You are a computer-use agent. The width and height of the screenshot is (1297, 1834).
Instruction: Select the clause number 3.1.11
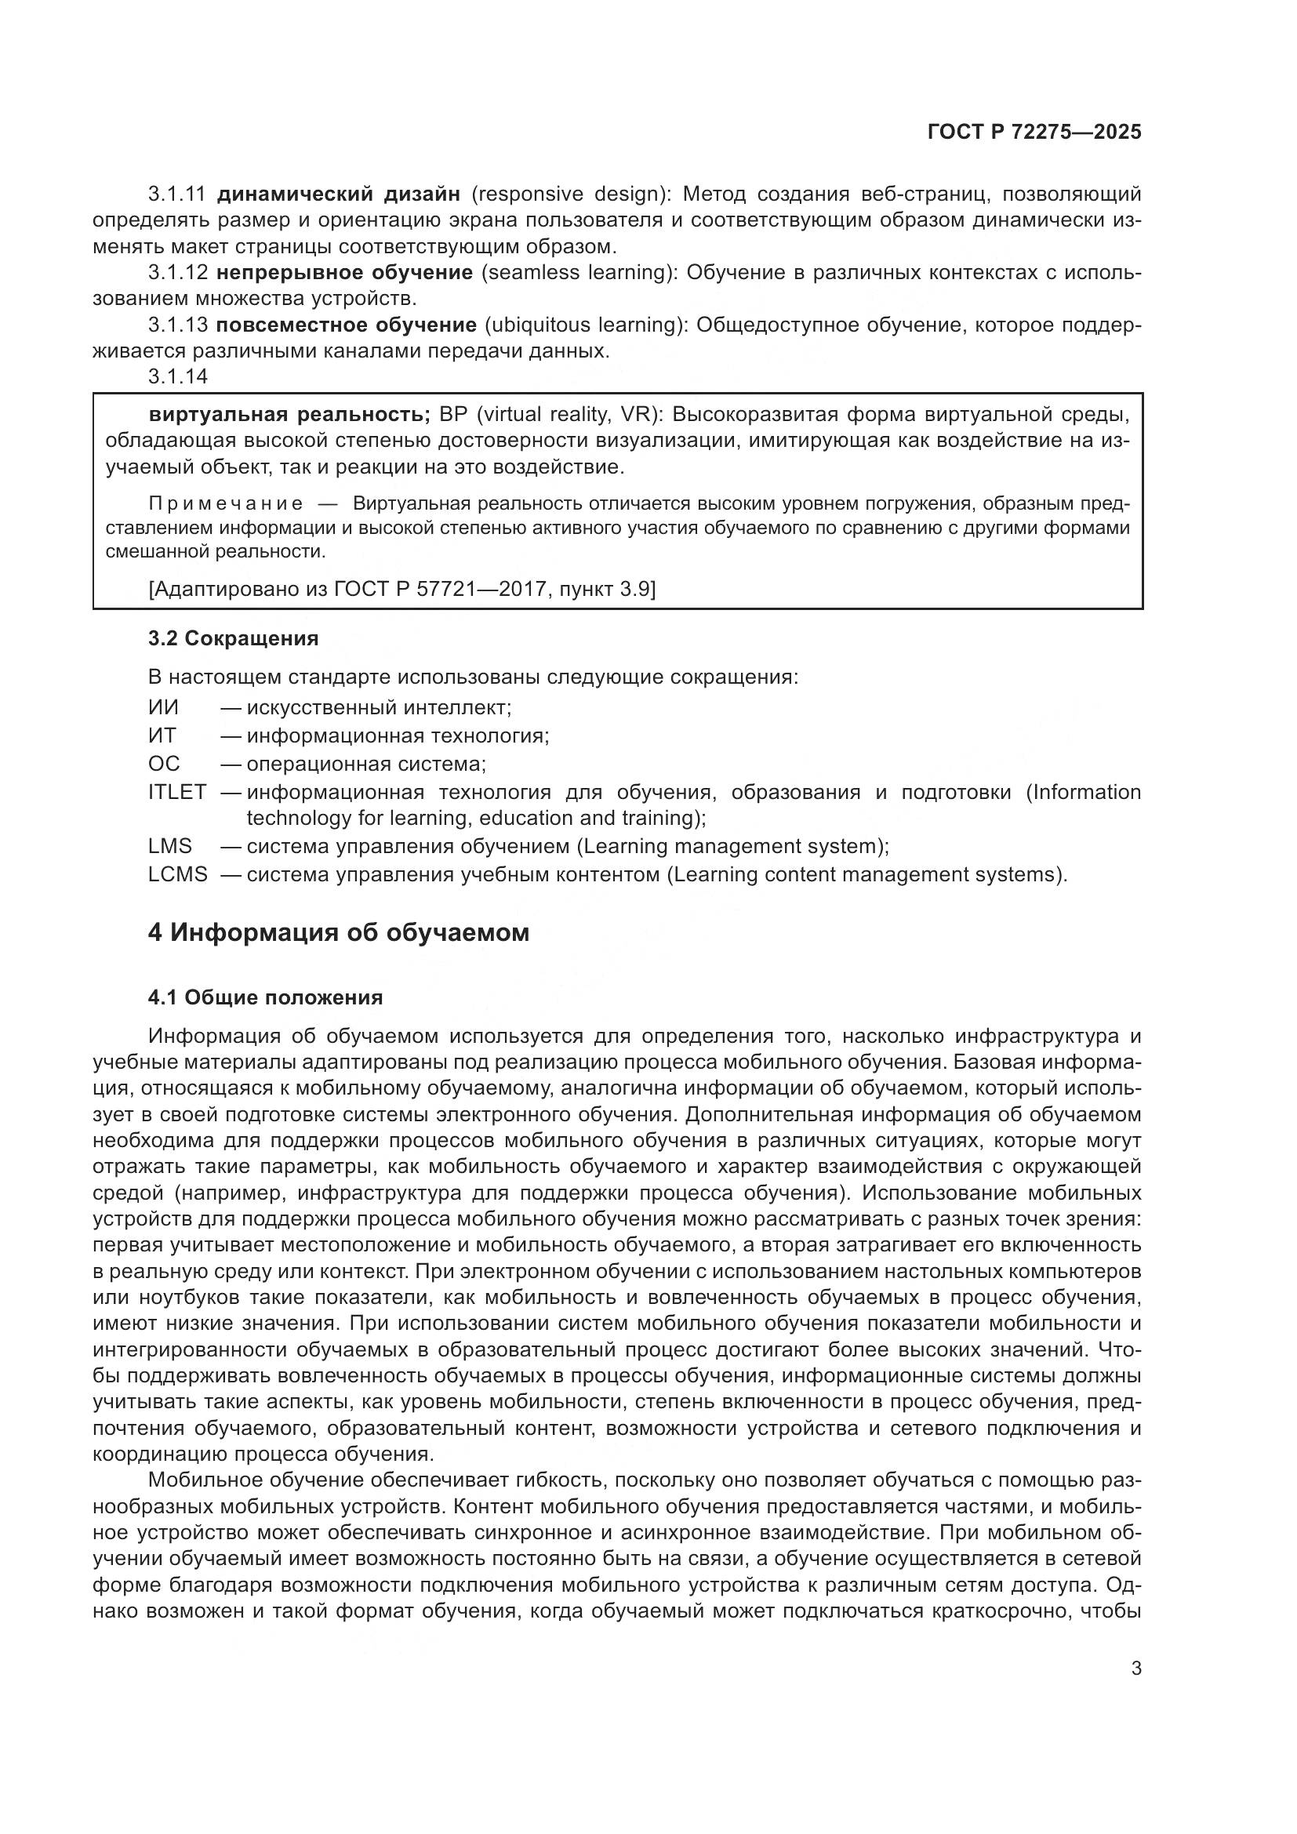[x=177, y=194]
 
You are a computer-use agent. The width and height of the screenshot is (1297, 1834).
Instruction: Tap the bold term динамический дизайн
[x=339, y=194]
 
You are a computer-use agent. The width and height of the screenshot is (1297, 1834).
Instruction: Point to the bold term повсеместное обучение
[x=346, y=325]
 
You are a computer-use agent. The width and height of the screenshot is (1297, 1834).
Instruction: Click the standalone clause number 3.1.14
[x=177, y=376]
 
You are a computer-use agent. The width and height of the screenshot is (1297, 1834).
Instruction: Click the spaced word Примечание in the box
[x=226, y=503]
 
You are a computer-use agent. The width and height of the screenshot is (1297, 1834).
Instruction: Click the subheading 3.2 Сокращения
[x=233, y=638]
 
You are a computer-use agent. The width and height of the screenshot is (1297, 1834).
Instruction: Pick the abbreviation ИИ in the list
[x=163, y=708]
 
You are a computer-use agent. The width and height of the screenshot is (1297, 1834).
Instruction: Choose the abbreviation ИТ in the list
[x=162, y=735]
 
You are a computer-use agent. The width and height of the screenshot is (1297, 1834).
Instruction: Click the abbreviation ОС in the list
[x=164, y=764]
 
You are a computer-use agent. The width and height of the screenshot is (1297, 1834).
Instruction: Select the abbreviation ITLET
[x=176, y=793]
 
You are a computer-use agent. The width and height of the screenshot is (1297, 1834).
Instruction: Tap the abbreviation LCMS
[x=177, y=875]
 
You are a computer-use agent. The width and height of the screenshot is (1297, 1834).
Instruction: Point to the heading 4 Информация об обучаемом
[x=339, y=932]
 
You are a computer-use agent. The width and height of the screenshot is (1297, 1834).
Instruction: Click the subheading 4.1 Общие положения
[x=265, y=997]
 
